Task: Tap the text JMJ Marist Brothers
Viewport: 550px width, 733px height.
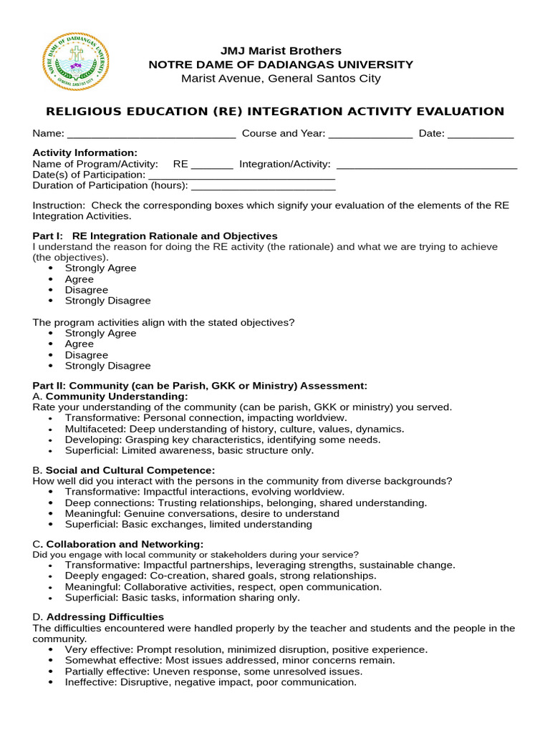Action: pyautogui.click(x=281, y=51)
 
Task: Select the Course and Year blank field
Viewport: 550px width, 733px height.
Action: pyautogui.click(x=370, y=134)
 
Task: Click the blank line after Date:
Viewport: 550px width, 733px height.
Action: pyautogui.click(x=481, y=134)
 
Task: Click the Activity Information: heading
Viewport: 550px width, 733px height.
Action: pyautogui.click(x=85, y=153)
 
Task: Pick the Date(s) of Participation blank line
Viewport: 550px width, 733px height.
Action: pyautogui.click(x=241, y=175)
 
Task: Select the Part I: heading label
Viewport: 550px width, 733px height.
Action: pyautogui.click(x=48, y=236)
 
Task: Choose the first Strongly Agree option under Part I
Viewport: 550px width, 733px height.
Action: pyautogui.click(x=100, y=268)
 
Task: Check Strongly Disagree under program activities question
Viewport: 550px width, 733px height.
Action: pyautogui.click(x=107, y=366)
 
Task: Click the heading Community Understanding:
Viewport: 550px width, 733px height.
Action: pyautogui.click(x=117, y=397)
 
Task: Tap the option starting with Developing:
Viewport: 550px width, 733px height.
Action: pyautogui.click(x=222, y=440)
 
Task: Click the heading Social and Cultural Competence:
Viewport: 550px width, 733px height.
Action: pyautogui.click(x=130, y=470)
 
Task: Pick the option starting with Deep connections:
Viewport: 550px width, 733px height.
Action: pyautogui.click(x=246, y=503)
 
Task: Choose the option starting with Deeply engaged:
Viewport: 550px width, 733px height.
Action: pyautogui.click(x=220, y=576)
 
